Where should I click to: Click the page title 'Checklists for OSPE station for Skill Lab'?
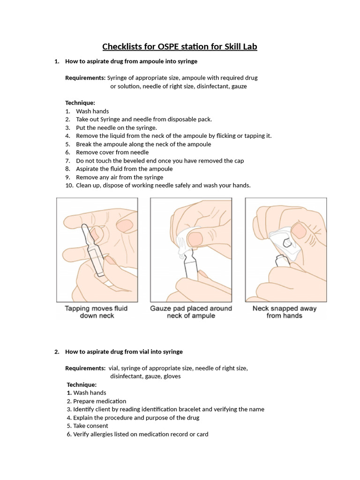[180, 47]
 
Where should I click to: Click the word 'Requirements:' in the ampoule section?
[85, 78]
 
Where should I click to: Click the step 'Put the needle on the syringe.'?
[117, 127]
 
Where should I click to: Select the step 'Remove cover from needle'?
[112, 152]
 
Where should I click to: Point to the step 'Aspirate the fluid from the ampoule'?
[124, 169]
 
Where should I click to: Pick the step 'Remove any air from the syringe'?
[120, 177]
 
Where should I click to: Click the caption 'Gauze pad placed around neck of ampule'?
[191, 312]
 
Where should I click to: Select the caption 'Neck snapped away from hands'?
[284, 312]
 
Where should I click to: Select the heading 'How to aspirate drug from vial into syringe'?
[124, 352]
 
